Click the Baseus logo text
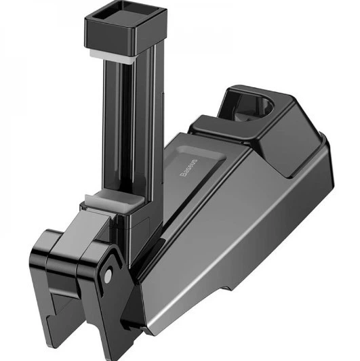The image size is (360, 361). point(188,167)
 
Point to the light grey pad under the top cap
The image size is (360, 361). point(112,58)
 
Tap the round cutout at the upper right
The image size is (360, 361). point(265,104)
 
